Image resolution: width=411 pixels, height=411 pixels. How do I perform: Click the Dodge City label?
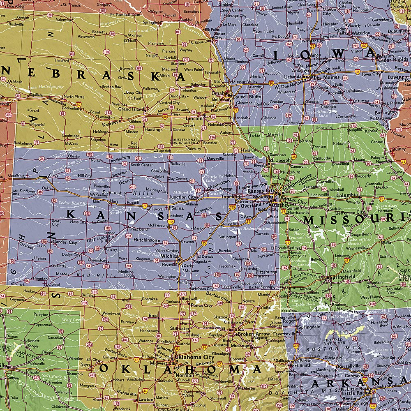point(71,255)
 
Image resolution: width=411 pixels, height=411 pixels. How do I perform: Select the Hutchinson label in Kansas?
point(146,240)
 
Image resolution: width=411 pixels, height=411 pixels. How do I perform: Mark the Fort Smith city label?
point(299,365)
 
